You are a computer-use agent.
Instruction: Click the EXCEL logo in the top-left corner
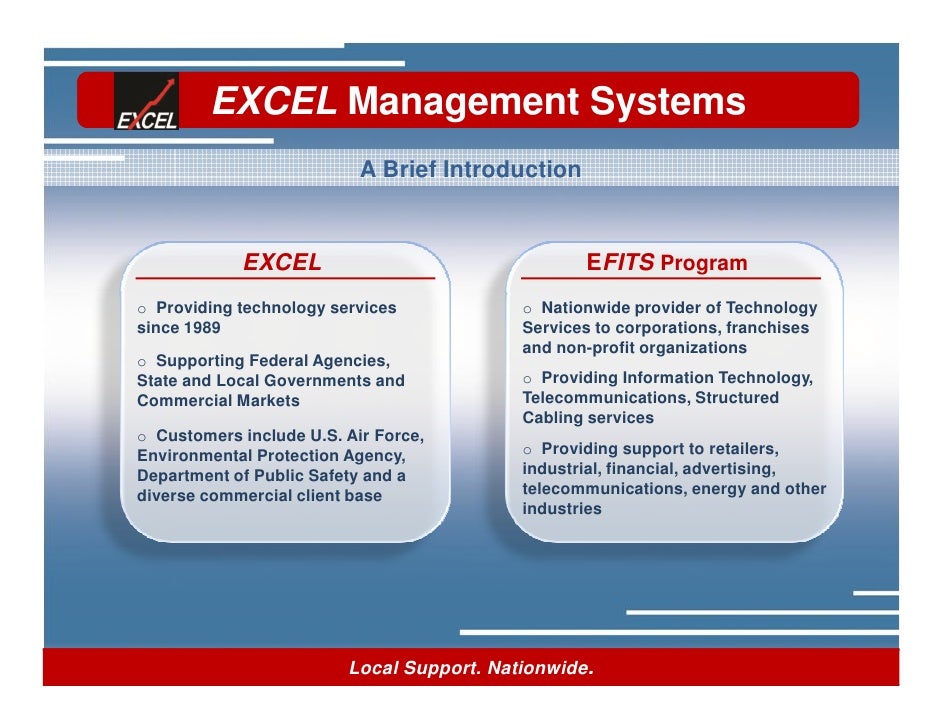click(147, 102)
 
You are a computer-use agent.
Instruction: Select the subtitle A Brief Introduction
click(470, 170)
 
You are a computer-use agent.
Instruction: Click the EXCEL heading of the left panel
click(283, 263)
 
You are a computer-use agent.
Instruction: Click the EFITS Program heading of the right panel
click(667, 264)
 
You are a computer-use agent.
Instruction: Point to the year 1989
click(201, 328)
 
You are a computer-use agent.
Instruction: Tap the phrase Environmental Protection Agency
click(270, 456)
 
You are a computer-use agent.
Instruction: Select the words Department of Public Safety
click(250, 476)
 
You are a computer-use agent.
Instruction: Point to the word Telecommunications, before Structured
click(603, 398)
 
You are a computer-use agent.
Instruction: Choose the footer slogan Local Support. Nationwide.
click(471, 667)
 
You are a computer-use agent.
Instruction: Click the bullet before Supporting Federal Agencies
click(143, 361)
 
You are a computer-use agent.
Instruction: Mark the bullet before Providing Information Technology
click(528, 379)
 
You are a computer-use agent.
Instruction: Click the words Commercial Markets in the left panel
click(218, 401)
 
